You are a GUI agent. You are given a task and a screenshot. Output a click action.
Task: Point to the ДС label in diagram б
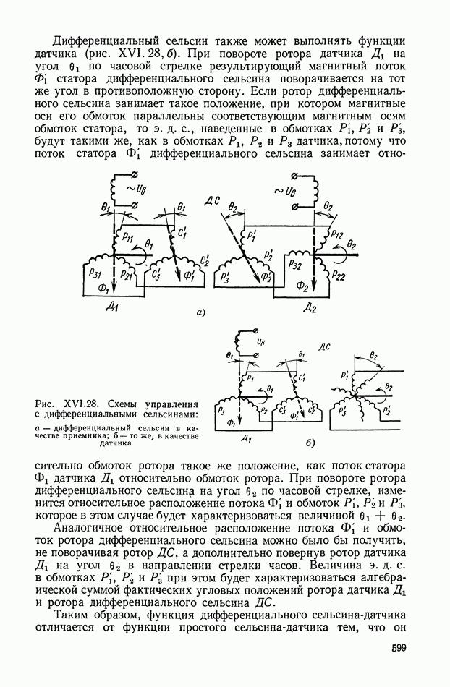323,346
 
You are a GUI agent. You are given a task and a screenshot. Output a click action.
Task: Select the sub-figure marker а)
202,312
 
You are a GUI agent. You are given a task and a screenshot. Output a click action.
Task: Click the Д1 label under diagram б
247,438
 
